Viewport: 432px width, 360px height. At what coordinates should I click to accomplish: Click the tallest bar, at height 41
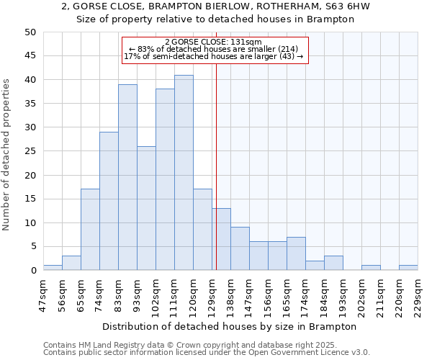[x=184, y=173]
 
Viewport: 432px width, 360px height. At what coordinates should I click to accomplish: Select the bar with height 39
[x=127, y=177]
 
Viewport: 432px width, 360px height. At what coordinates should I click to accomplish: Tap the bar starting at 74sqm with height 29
[x=109, y=201]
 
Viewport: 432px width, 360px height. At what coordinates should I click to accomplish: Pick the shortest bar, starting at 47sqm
[x=53, y=268]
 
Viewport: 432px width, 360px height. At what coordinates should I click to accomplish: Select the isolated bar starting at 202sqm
[x=371, y=268]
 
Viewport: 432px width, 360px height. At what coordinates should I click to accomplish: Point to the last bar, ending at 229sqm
[x=408, y=268]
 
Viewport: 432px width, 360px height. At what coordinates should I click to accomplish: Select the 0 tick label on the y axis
[x=32, y=271]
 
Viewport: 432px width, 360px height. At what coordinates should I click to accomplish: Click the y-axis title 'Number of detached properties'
[x=7, y=155]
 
